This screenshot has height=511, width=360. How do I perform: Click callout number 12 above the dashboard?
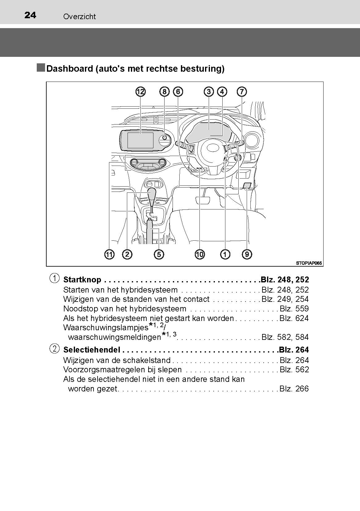(140, 91)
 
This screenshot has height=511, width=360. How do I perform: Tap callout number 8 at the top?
(165, 91)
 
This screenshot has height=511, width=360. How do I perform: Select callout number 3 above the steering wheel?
(209, 91)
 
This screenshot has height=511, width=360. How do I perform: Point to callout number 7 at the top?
(242, 91)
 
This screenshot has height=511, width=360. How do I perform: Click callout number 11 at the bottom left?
(109, 255)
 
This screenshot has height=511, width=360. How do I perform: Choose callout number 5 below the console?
(158, 255)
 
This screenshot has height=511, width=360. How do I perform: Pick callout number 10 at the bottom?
(200, 255)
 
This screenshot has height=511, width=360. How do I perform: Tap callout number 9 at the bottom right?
(247, 255)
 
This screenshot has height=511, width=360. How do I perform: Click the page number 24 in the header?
(30, 15)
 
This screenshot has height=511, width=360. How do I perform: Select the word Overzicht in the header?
(79, 17)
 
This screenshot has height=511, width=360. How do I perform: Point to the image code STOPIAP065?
(309, 263)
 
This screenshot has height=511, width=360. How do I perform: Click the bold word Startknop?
(82, 280)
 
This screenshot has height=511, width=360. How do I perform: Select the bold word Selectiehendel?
(91, 350)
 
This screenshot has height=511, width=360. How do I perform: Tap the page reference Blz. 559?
(294, 309)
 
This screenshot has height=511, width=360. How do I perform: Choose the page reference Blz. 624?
(294, 319)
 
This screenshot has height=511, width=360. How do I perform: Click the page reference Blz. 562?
(294, 370)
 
